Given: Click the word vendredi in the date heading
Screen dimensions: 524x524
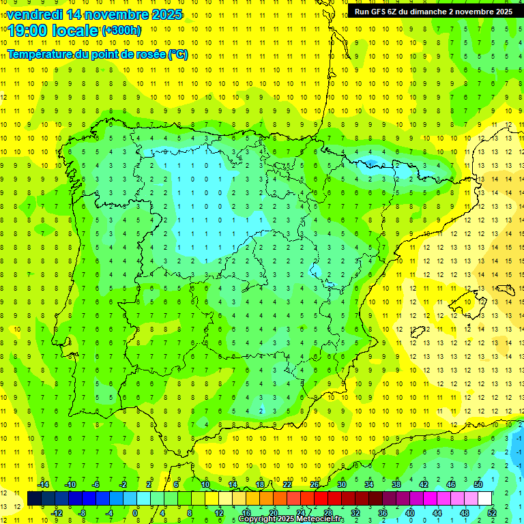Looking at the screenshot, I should coord(35,14).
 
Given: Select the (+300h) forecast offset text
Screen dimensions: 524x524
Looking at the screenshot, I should coord(121,31).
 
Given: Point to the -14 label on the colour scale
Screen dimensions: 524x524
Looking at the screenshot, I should coord(42,484).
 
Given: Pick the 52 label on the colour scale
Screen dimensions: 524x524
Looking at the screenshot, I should coord(492,512).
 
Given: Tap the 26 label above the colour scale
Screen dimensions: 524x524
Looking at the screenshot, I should coord(315,484).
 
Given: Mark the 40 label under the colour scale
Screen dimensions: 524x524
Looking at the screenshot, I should coord(410,512).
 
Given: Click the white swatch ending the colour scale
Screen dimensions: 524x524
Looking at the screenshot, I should coord(485,498).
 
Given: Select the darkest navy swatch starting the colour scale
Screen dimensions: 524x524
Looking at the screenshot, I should coord(34,498).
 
